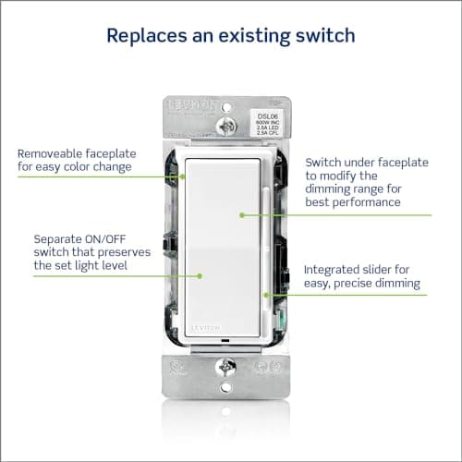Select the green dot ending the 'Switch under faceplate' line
click(242, 215)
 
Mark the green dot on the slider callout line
click(266, 295)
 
